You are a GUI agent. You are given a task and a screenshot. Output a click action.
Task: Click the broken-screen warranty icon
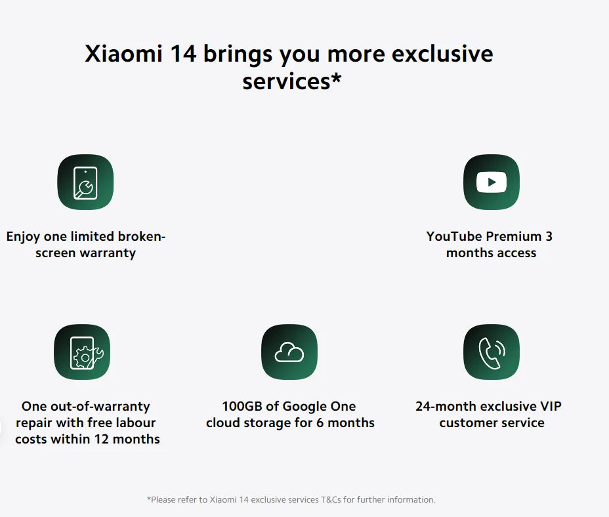pyautogui.click(x=85, y=182)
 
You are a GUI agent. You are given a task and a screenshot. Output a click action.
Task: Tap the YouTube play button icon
pyautogui.click(x=492, y=182)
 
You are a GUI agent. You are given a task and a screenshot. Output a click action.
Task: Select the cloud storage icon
pyautogui.click(x=289, y=352)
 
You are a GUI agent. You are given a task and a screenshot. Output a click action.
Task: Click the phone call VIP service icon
pyautogui.click(x=492, y=352)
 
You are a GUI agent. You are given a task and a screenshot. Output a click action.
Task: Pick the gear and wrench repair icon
pyautogui.click(x=82, y=352)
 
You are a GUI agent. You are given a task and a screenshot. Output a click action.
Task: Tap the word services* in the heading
pyautogui.click(x=292, y=81)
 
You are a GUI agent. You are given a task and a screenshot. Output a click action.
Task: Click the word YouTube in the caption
pyautogui.click(x=453, y=236)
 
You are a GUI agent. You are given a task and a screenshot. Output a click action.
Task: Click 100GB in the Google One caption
pyautogui.click(x=241, y=406)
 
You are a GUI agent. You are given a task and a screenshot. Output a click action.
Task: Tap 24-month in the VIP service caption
pyautogui.click(x=443, y=406)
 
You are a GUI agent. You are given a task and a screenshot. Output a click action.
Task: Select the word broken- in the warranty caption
pyautogui.click(x=142, y=236)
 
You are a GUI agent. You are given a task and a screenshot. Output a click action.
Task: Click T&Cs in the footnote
pyautogui.click(x=331, y=499)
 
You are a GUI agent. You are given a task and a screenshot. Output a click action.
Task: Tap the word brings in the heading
pyautogui.click(x=238, y=54)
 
